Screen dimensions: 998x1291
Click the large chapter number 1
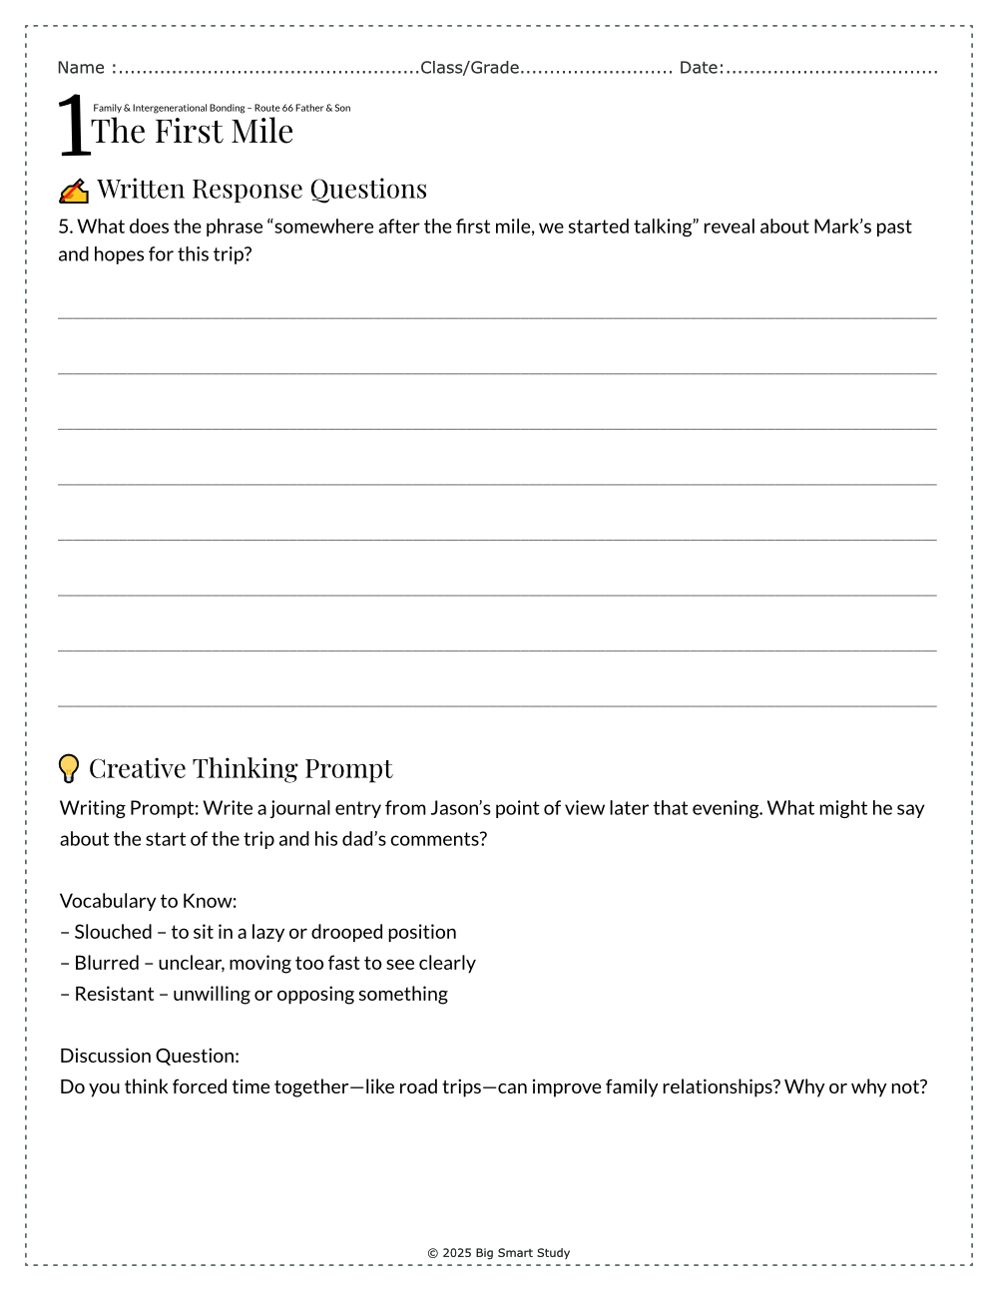click(x=74, y=127)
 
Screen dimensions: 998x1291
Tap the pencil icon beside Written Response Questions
click(x=74, y=191)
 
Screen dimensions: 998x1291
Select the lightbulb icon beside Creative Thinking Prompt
click(x=69, y=768)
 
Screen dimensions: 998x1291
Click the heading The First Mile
click(x=193, y=131)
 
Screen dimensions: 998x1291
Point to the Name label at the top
click(x=81, y=68)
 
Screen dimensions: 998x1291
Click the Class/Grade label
click(x=469, y=68)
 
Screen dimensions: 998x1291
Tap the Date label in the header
click(x=700, y=68)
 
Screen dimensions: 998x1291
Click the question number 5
click(x=65, y=226)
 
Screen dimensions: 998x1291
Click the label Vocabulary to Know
click(x=148, y=901)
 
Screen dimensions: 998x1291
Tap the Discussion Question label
click(x=150, y=1056)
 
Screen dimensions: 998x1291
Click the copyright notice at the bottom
click(x=499, y=1253)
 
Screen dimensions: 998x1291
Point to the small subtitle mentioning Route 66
click(x=222, y=108)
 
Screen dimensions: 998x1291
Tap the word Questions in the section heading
click(x=368, y=189)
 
